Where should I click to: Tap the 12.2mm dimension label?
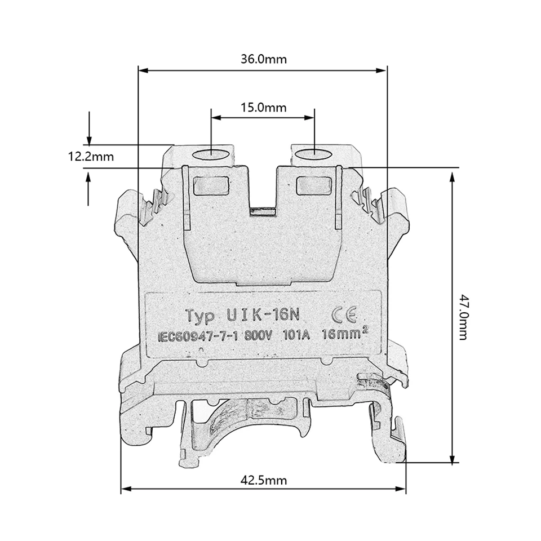[91, 156]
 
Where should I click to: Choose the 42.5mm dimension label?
[263, 480]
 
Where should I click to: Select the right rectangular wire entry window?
[313, 183]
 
